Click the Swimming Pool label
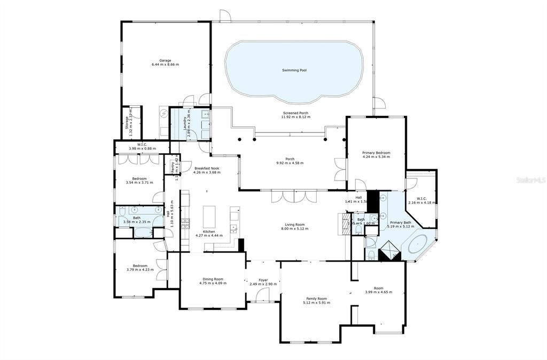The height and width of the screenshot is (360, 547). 294,70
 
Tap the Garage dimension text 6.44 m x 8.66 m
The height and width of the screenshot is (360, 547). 165,65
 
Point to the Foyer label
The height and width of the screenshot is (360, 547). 263,280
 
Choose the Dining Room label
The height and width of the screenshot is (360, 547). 213,279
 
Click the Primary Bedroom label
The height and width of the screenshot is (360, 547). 376,153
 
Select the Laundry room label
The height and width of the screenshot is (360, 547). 185,123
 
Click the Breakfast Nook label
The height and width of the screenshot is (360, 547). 206,168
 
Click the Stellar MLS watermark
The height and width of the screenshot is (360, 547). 530,181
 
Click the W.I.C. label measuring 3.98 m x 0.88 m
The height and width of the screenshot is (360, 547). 142,144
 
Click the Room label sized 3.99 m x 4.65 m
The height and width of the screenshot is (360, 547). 378,288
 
